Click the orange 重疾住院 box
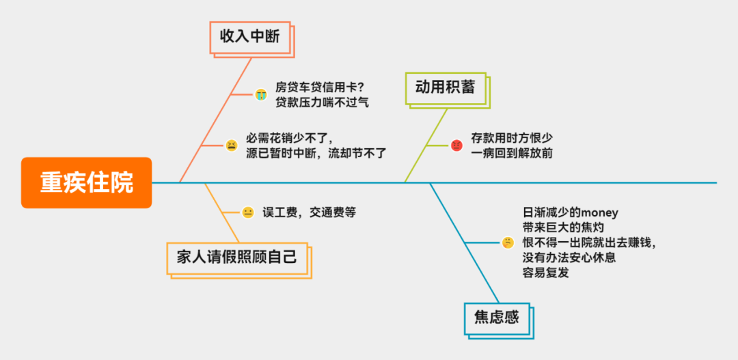[86, 183]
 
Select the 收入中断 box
[249, 37]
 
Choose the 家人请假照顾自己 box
[237, 258]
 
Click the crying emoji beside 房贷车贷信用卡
[260, 94]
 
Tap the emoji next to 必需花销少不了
[232, 146]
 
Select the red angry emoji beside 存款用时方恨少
[456, 145]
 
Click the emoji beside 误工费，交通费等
[248, 212]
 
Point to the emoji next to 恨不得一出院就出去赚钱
[508, 243]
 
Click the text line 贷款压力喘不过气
[322, 102]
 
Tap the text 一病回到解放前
[511, 153]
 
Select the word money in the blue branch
[599, 213]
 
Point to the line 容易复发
[546, 273]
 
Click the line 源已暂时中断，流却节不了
[316, 153]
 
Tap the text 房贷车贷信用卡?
[319, 87]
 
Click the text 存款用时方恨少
[511, 137]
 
